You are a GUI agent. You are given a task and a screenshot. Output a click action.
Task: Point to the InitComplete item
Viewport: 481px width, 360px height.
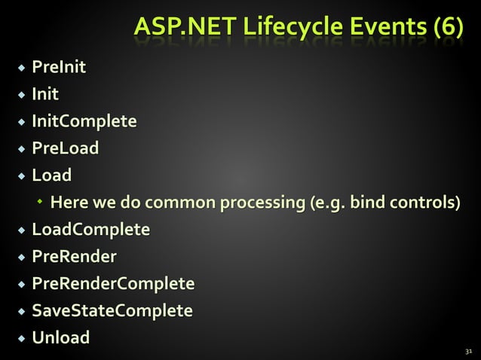click(84, 122)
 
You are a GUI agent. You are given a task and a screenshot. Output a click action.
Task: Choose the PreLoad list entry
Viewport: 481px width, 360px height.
click(65, 148)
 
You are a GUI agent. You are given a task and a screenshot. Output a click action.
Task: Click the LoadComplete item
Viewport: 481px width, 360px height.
click(90, 230)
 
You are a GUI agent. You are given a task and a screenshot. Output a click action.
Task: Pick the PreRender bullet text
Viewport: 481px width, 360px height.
click(74, 257)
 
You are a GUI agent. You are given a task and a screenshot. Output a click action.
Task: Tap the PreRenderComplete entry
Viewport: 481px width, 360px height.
click(112, 284)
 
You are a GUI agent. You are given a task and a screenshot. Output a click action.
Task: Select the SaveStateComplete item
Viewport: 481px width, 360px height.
click(112, 310)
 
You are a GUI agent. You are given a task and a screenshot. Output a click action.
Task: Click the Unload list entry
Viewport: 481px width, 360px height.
click(60, 337)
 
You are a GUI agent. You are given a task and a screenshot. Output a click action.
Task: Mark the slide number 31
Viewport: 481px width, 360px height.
click(468, 351)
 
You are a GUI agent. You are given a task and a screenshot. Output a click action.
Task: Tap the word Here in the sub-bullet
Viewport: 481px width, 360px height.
click(67, 203)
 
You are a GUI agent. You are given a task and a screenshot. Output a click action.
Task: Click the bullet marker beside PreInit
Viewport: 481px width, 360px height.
click(21, 70)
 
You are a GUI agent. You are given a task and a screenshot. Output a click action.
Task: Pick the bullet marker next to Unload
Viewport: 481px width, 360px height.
click(21, 338)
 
